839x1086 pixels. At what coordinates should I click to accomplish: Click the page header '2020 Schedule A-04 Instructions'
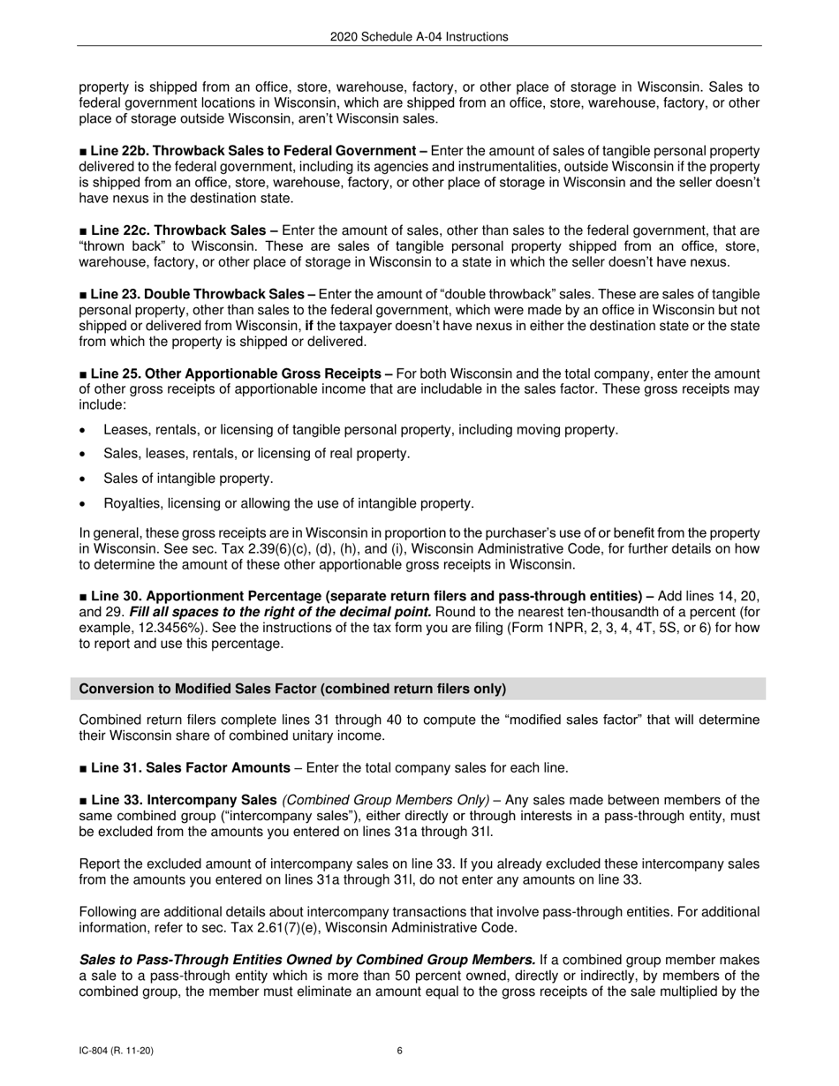click(x=419, y=36)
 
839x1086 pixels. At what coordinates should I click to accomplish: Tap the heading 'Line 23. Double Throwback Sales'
click(x=202, y=294)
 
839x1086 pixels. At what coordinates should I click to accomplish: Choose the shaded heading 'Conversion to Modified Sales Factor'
click(x=292, y=689)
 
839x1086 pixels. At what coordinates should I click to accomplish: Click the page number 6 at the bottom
click(x=400, y=1051)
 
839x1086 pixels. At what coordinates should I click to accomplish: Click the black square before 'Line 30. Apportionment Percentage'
click(x=84, y=596)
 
